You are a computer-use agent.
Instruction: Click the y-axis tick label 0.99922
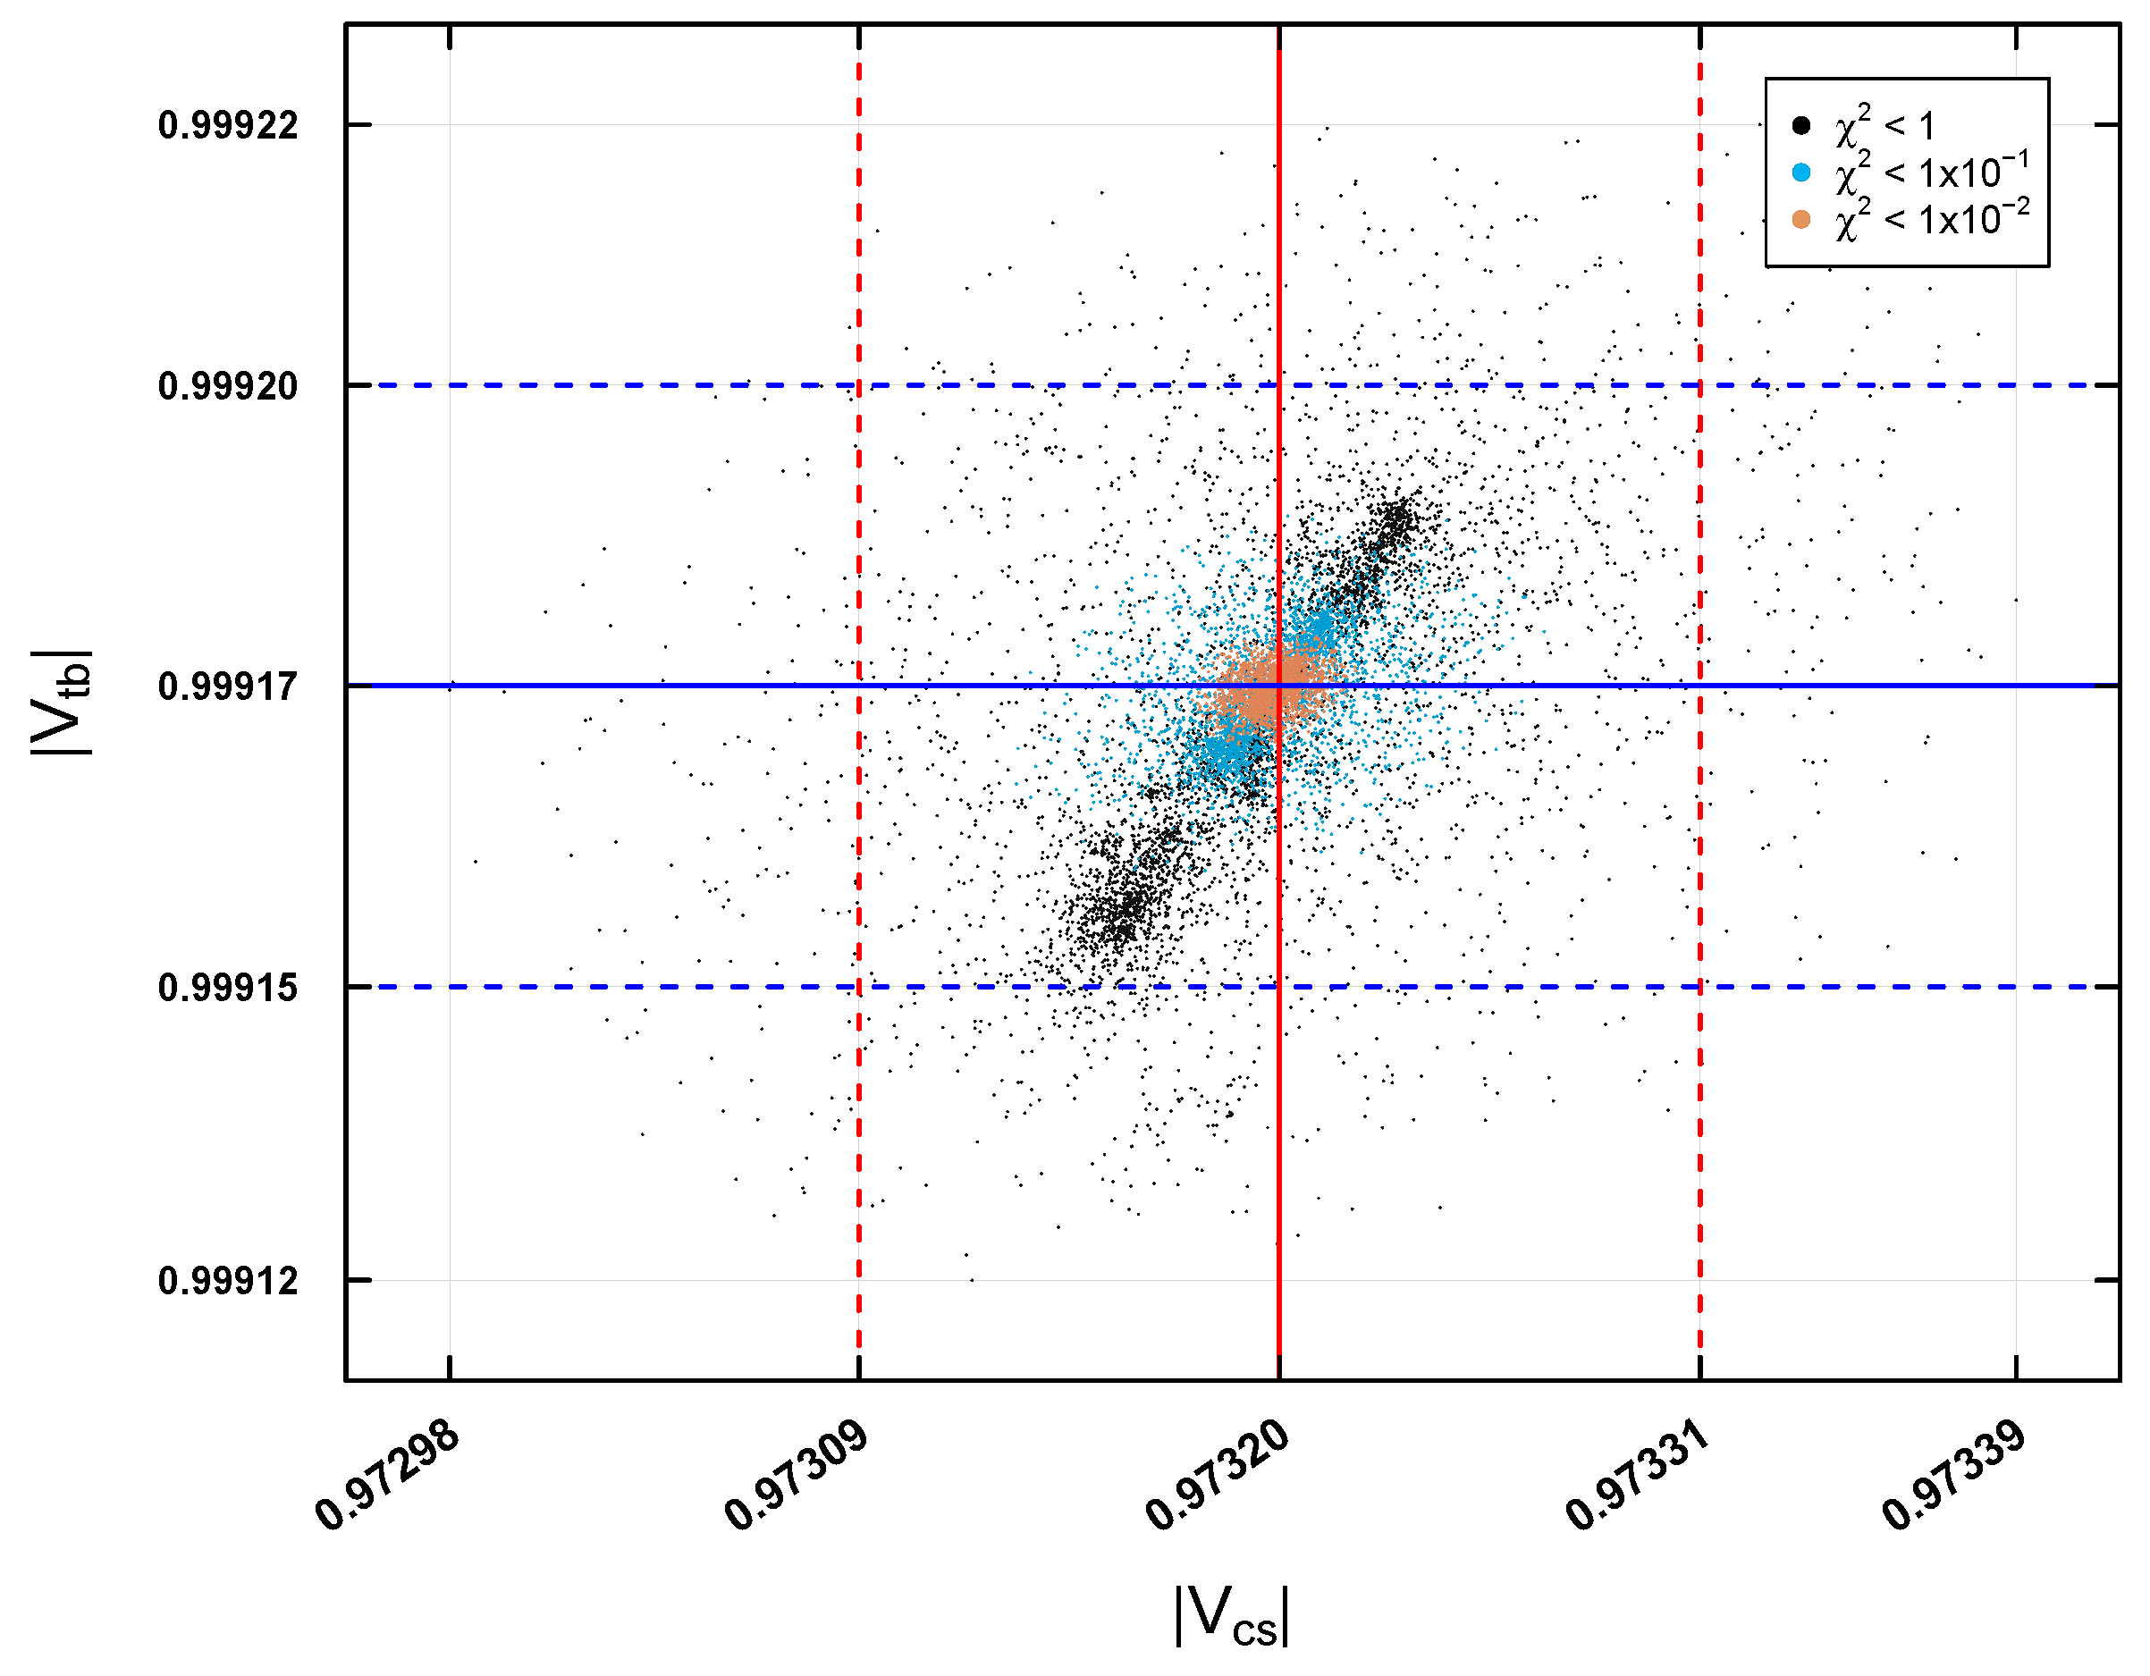click(227, 126)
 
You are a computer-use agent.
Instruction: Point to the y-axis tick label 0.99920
click(227, 386)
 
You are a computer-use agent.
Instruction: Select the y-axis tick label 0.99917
click(227, 686)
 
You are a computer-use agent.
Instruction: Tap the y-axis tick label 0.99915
click(227, 987)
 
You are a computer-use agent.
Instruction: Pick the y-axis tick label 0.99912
click(227, 1281)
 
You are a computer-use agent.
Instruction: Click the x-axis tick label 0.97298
click(387, 1476)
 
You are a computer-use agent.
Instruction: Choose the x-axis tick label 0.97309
click(797, 1476)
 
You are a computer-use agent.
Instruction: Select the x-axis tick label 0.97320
click(1217, 1476)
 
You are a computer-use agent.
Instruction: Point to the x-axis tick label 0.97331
click(1637, 1476)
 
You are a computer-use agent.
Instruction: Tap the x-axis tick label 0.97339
click(1954, 1476)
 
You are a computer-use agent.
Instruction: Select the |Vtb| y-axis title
click(61, 703)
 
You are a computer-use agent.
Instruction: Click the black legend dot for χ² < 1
click(1801, 125)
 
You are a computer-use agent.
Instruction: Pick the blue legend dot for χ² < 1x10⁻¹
click(1801, 173)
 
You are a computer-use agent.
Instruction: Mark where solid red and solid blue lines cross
click(1278, 685)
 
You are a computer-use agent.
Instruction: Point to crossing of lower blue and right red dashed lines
click(1700, 986)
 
